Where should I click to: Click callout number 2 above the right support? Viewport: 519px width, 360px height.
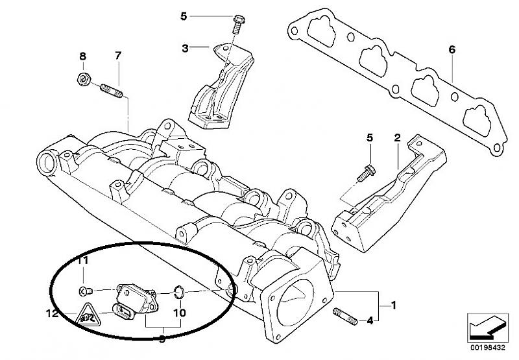click(x=397, y=138)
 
